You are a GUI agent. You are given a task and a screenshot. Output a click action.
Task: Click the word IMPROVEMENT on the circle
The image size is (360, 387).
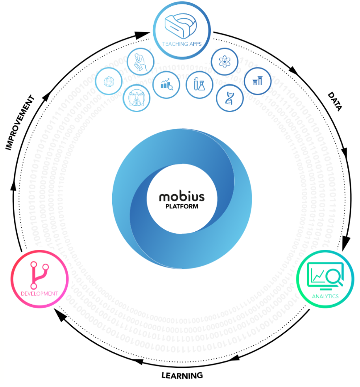20,123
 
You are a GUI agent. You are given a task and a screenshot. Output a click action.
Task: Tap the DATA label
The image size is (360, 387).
335,101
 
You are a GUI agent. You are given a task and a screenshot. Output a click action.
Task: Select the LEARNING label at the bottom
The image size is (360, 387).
182,376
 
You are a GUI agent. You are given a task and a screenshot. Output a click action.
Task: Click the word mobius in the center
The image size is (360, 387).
182,197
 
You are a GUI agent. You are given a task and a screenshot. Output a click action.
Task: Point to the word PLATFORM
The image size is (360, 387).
182,207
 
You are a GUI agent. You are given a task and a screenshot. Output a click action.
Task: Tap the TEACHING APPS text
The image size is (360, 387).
182,44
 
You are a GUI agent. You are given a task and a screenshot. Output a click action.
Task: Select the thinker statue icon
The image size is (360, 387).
140,62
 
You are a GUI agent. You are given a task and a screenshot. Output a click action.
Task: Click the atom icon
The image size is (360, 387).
225,61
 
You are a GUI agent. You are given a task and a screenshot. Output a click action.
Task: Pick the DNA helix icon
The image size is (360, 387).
230,98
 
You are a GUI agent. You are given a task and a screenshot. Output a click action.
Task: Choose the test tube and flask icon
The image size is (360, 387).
199,84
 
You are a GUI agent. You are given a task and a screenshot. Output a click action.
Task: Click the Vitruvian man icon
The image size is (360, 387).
136,99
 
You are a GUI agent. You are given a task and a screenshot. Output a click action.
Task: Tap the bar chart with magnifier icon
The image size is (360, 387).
167,84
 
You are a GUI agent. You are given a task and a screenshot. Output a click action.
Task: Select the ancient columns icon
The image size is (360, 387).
258,81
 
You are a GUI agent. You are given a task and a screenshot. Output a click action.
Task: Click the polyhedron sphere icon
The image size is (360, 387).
109,82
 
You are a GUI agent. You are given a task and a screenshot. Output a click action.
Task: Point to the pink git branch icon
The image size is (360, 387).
39,275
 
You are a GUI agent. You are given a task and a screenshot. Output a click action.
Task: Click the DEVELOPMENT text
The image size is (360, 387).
39,294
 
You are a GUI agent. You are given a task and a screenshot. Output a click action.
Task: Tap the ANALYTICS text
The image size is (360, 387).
325,296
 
